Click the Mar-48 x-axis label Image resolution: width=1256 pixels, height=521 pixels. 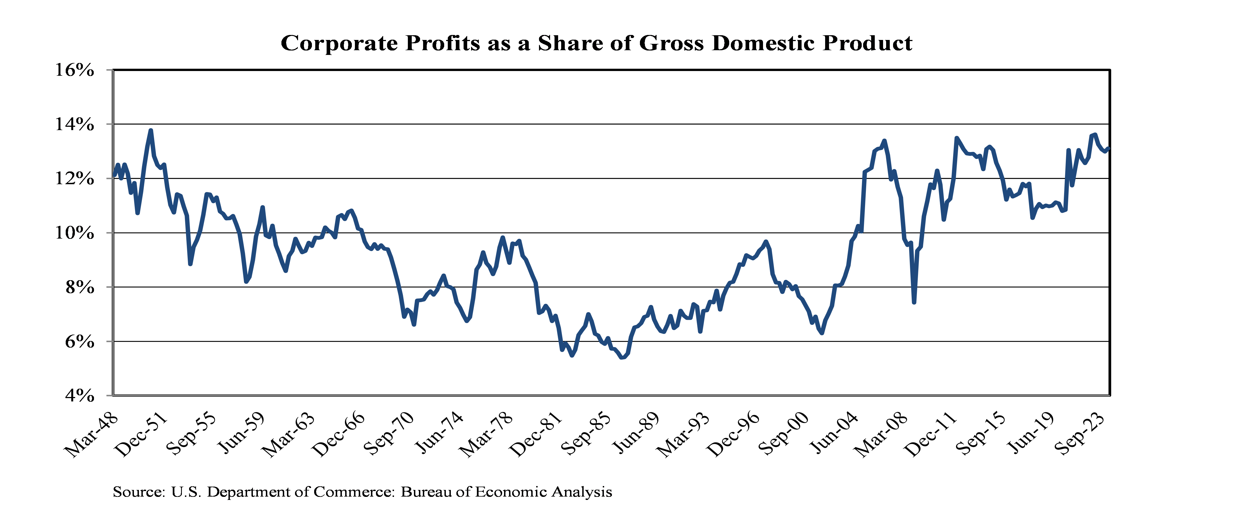point(93,435)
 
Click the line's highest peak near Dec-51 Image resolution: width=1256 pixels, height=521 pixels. point(151,130)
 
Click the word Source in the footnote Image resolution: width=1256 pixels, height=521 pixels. point(138,492)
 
